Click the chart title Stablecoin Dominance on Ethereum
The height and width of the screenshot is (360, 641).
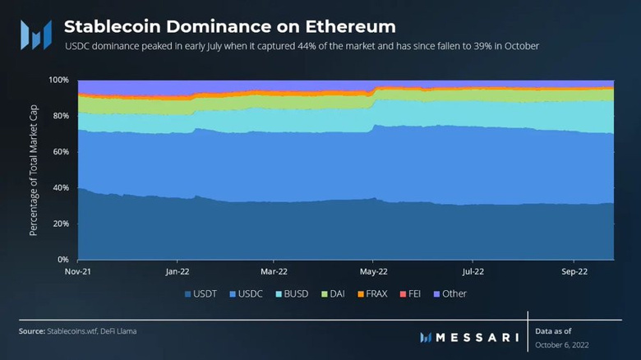tap(229, 26)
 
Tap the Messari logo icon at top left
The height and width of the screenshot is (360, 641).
tap(36, 35)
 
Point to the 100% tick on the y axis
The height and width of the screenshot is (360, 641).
tap(58, 80)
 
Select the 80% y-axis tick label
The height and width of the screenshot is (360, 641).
tap(59, 116)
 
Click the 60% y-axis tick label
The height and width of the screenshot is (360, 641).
tap(59, 151)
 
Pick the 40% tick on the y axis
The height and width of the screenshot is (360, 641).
tap(59, 187)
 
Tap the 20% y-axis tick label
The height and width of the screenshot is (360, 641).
tap(59, 224)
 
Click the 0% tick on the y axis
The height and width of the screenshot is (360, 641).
tap(62, 259)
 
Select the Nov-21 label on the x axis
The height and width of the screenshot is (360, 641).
tap(78, 270)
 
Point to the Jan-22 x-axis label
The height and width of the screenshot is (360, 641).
tap(178, 270)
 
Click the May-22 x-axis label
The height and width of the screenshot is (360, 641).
tap(374, 270)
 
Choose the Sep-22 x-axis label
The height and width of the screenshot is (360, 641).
tap(574, 270)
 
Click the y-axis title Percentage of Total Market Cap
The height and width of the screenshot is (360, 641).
tap(34, 170)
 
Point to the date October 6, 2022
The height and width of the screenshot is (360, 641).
tap(561, 345)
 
